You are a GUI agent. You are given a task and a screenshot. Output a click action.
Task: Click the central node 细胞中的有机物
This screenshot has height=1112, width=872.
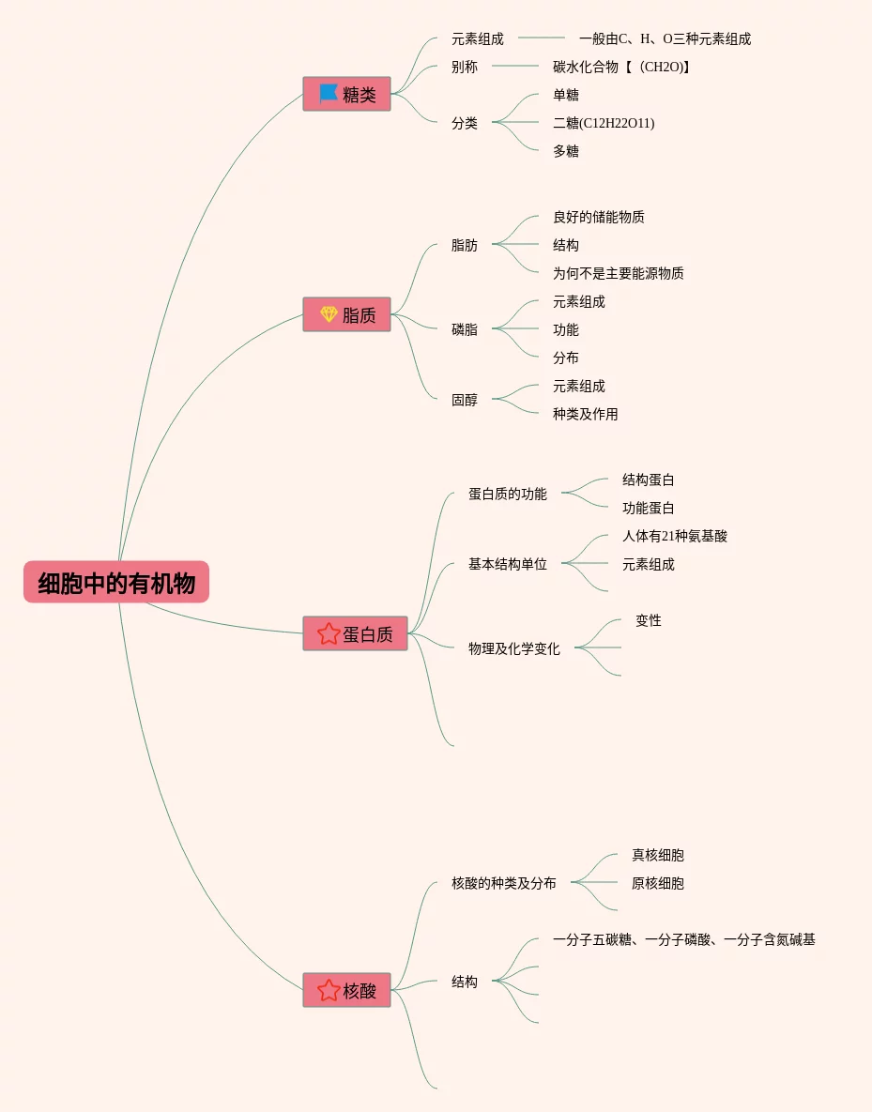coord(116,582)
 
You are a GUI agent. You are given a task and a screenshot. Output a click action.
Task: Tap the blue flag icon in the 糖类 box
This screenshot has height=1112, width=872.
coord(328,94)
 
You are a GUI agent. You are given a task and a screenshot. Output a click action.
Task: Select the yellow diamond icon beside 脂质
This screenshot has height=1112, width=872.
coord(329,314)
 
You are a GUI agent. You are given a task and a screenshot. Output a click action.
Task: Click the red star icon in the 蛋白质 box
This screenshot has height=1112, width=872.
coord(329,633)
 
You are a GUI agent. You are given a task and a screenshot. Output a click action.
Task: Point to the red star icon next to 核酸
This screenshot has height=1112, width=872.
coord(329,990)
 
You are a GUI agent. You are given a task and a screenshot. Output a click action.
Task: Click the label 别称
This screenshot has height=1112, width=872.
coord(465,67)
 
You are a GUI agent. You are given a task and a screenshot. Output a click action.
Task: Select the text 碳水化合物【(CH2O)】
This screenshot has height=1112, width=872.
coord(621,67)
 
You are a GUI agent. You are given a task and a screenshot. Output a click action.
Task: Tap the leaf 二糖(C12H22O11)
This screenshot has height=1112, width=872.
coord(604,123)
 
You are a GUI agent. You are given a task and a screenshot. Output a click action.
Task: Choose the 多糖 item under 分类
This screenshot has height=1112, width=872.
coord(566,151)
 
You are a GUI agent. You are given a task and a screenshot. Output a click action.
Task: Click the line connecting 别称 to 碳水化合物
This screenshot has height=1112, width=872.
coord(515,66)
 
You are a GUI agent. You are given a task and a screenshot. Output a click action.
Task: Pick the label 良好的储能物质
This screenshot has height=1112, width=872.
coord(599,217)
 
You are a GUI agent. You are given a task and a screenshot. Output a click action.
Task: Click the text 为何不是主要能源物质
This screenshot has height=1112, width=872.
coord(618,273)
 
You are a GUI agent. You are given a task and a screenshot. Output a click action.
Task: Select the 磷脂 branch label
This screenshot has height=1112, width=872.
coord(465,329)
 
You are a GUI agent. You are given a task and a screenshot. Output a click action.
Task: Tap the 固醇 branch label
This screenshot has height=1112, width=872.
coord(465,400)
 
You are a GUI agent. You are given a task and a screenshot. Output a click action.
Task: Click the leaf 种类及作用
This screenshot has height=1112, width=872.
coord(586,414)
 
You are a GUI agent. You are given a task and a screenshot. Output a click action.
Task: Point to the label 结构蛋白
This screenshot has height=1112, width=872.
coord(649,480)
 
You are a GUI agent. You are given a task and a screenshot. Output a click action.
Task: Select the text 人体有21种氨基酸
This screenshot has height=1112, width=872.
coord(675,536)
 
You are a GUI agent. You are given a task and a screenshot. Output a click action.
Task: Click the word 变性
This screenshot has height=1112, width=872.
coord(649,620)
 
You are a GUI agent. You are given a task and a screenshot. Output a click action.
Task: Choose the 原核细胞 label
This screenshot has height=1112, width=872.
coord(658,884)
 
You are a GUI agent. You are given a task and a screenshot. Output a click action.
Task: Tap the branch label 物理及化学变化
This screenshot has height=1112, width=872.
coord(514,649)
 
